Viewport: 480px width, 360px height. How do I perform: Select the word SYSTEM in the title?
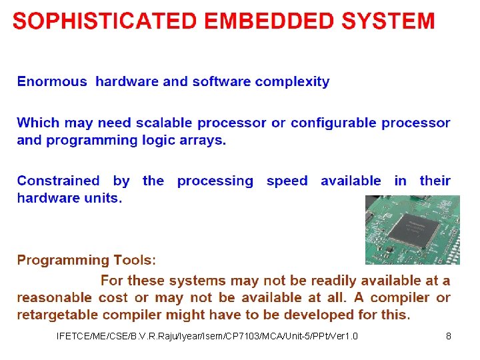point(388,21)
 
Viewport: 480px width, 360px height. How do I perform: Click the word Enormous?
point(52,82)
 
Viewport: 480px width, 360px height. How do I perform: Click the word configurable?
point(328,123)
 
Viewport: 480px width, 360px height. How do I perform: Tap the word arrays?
point(205,141)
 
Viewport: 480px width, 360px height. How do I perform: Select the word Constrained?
point(58,181)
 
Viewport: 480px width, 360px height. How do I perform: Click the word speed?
point(287,181)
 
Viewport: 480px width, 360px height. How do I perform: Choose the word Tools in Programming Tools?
point(135,261)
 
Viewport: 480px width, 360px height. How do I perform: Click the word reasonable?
point(54,298)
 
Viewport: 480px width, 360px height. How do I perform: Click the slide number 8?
point(449,336)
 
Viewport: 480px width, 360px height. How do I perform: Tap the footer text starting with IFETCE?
point(207,336)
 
